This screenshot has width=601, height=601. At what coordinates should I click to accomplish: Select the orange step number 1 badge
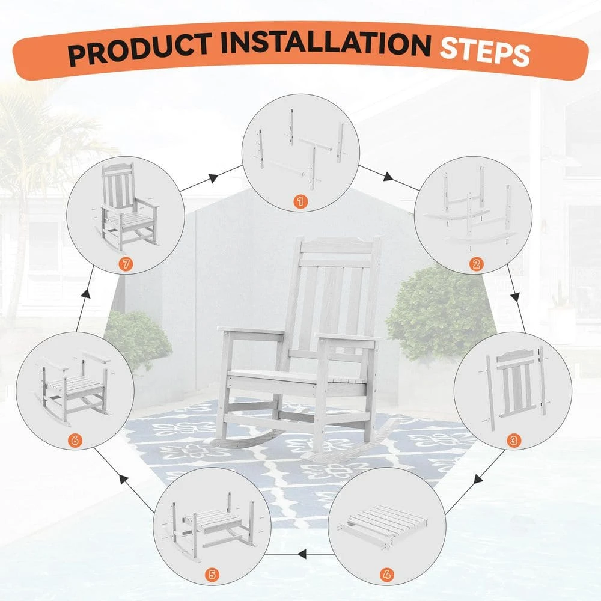coord(299,201)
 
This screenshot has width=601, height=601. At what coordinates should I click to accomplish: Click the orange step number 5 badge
coord(212,574)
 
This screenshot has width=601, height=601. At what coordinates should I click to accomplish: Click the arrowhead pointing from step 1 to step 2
coord(389,177)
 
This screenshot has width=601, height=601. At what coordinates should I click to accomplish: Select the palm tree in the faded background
coord(36,150)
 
